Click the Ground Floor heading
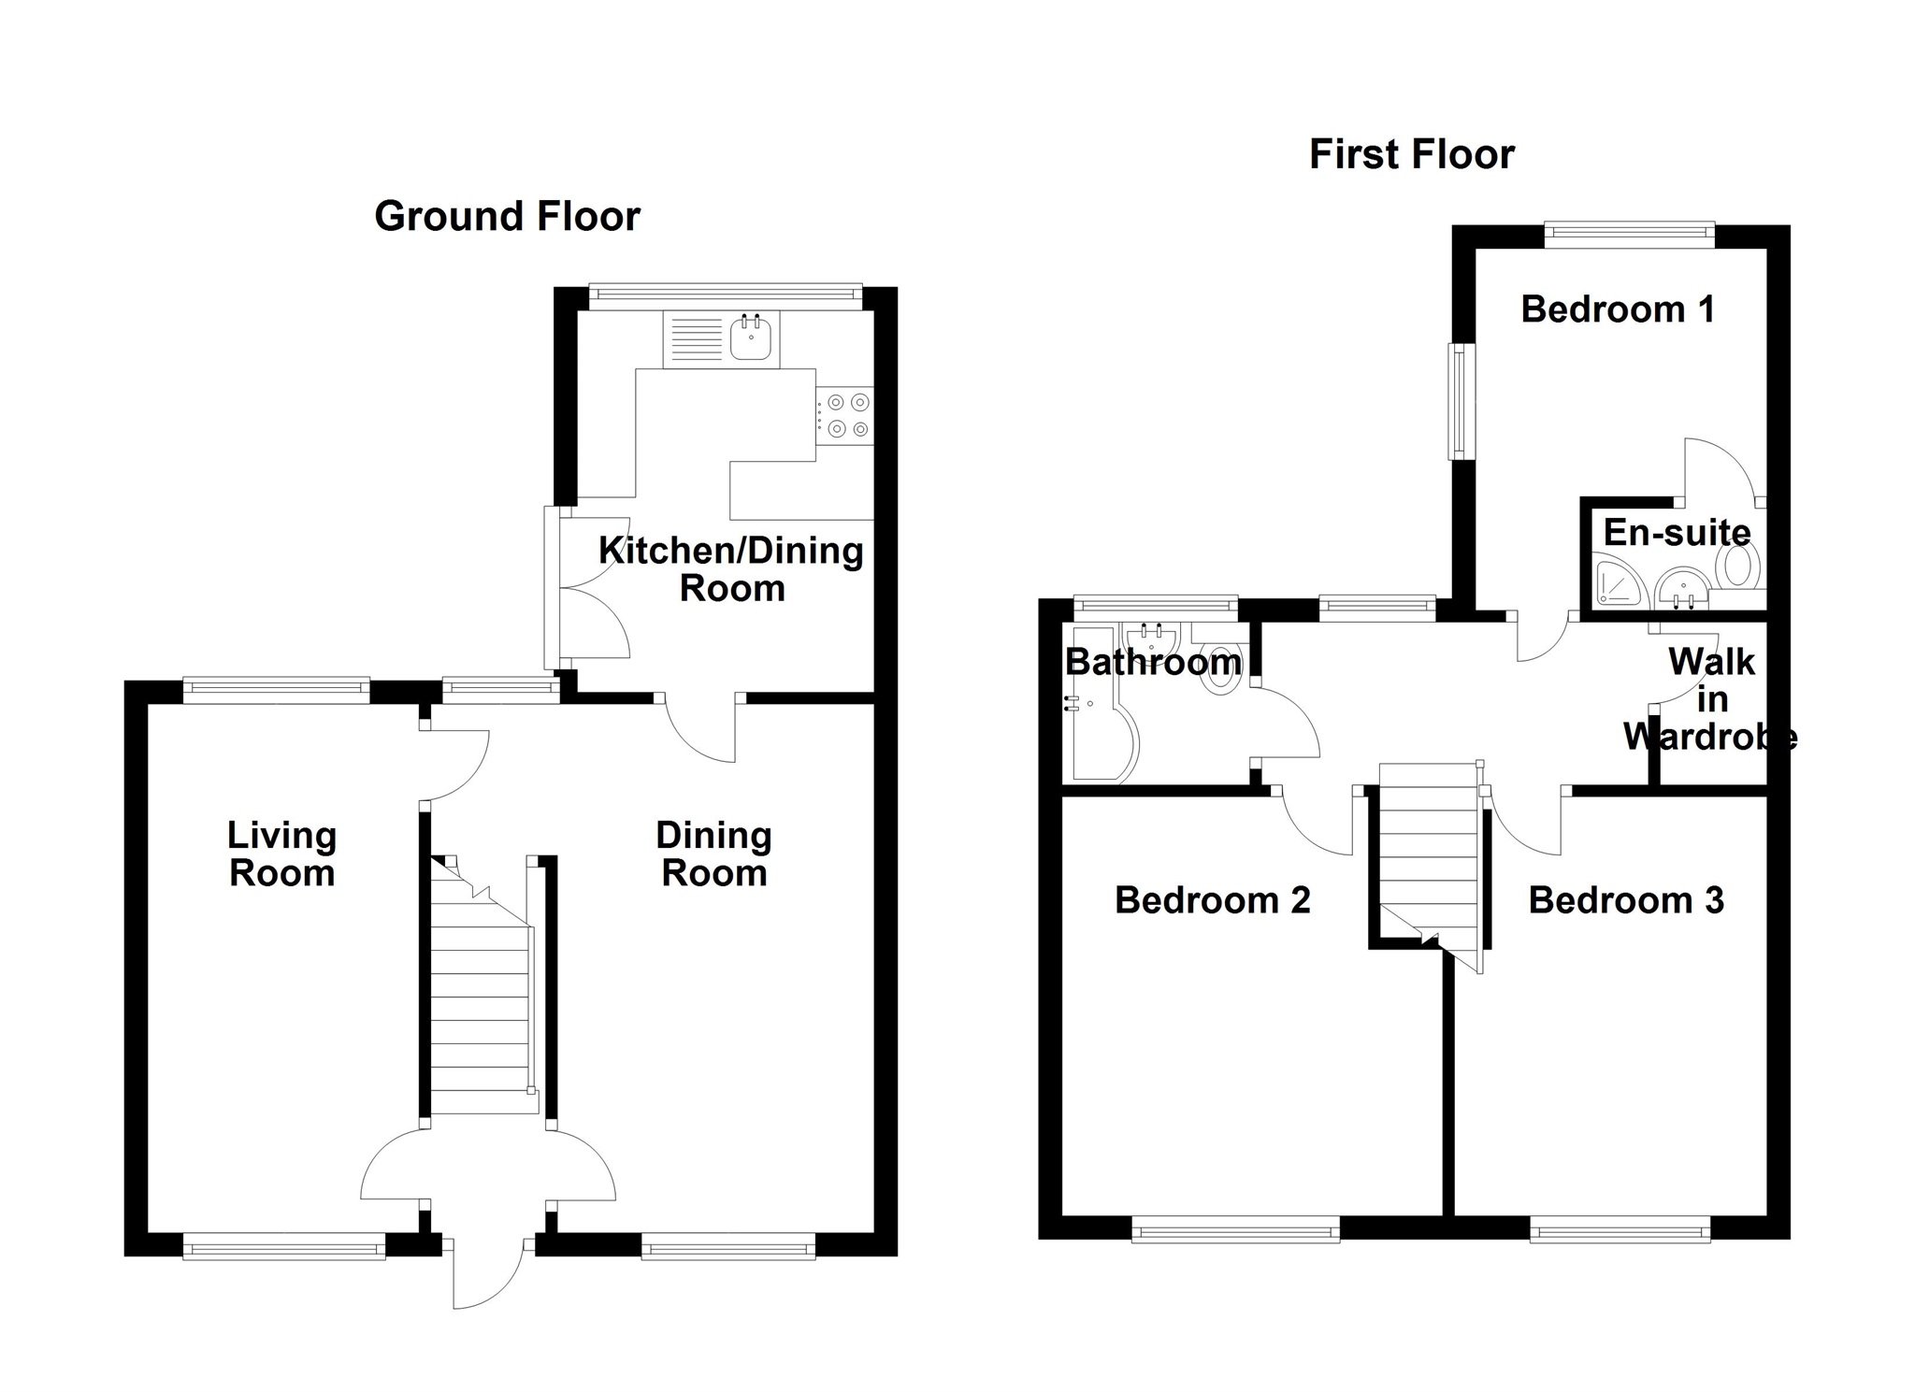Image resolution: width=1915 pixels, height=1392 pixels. [x=507, y=217]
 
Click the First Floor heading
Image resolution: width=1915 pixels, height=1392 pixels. [x=1411, y=154]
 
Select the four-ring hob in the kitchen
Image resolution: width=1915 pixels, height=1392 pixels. [x=847, y=416]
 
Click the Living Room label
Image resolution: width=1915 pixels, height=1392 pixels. [x=281, y=854]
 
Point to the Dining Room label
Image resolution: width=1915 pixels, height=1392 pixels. [x=713, y=854]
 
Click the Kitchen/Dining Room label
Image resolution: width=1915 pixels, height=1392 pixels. [x=731, y=568]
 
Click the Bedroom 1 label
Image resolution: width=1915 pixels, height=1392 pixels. [x=1618, y=309]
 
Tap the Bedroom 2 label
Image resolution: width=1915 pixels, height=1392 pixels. [x=1212, y=900]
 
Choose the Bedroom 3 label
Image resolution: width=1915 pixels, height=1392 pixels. [x=1625, y=900]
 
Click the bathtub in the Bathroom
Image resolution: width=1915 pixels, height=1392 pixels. [x=1103, y=739]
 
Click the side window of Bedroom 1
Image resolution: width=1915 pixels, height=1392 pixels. [x=1458, y=401]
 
